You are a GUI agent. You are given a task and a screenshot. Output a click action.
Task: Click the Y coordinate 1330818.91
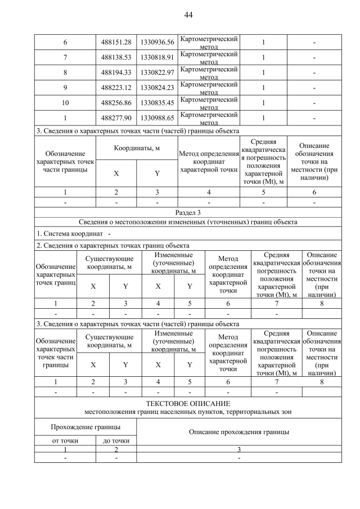157,57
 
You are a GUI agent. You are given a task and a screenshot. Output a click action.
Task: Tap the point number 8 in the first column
65,73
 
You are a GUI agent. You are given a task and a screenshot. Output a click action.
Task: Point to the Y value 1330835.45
157,103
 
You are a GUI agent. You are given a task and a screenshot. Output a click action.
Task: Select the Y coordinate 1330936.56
157,42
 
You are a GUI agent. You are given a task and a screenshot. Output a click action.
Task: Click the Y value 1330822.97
157,73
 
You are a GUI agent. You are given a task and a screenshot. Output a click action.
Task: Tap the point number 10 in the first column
65,103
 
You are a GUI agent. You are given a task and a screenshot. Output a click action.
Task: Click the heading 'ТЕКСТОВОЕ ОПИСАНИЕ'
188,404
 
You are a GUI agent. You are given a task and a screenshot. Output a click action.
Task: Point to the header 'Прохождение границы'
85,428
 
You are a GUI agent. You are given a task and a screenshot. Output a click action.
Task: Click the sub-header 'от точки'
65,440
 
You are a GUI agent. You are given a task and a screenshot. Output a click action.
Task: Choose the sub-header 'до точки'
116,440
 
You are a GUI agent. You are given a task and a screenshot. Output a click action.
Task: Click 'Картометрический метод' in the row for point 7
208,57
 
